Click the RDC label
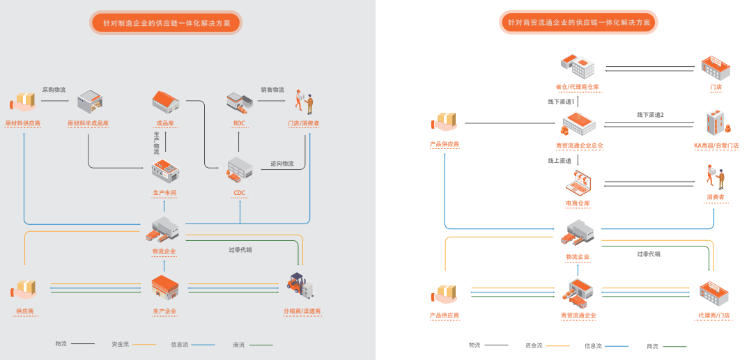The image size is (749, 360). click(239, 123)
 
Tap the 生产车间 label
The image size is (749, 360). click(165, 192)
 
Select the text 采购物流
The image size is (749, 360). click(54, 90)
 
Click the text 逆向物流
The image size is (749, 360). click(282, 164)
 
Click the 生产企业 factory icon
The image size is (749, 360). click(165, 286)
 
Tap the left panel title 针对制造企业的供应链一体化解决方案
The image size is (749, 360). click(167, 23)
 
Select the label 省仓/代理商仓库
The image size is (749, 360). click(578, 87)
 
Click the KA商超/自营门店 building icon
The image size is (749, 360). click(716, 123)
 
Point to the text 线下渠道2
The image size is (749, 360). click(650, 115)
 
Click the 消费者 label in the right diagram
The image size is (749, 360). click(716, 198)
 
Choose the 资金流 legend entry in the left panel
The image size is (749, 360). click(121, 344)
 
